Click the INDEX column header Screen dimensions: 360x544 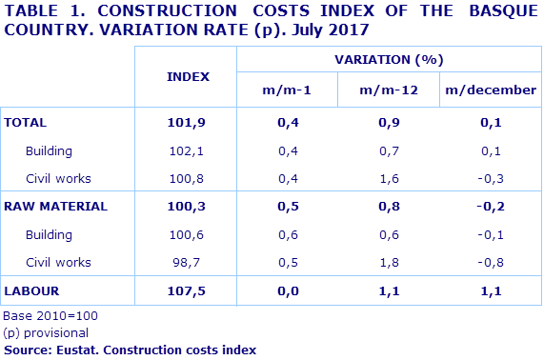pyautogui.click(x=188, y=75)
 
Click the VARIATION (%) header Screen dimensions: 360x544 pyautogui.click(x=389, y=59)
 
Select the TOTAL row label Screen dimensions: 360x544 pyautogui.click(x=26, y=123)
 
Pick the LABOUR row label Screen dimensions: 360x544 pyautogui.click(x=32, y=290)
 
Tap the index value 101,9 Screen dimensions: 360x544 pyautogui.click(x=187, y=123)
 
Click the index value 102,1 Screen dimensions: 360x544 pyautogui.click(x=187, y=150)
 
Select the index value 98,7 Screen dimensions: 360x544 pyautogui.click(x=187, y=262)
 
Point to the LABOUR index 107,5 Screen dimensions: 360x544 pyautogui.click(x=187, y=290)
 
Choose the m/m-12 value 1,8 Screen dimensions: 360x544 pyautogui.click(x=389, y=262)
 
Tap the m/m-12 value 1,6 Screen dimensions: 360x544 pyautogui.click(x=389, y=178)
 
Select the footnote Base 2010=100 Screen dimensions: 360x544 pyautogui.click(x=50, y=315)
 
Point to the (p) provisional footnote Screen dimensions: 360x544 pyautogui.click(x=46, y=332)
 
